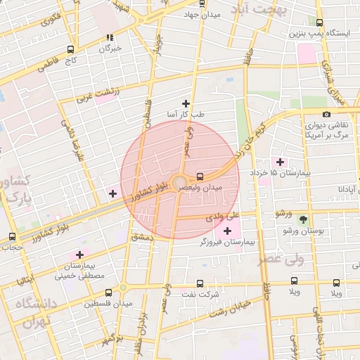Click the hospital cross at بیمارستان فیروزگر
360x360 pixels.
pos(227,231)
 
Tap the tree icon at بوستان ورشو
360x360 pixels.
pos(304,219)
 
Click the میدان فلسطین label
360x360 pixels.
pos(109,304)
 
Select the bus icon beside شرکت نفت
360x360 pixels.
pos(200,283)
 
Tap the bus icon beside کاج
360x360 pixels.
pos(70,49)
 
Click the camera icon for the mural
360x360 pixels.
pos(326,114)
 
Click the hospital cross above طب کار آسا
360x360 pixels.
pos(186,103)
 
